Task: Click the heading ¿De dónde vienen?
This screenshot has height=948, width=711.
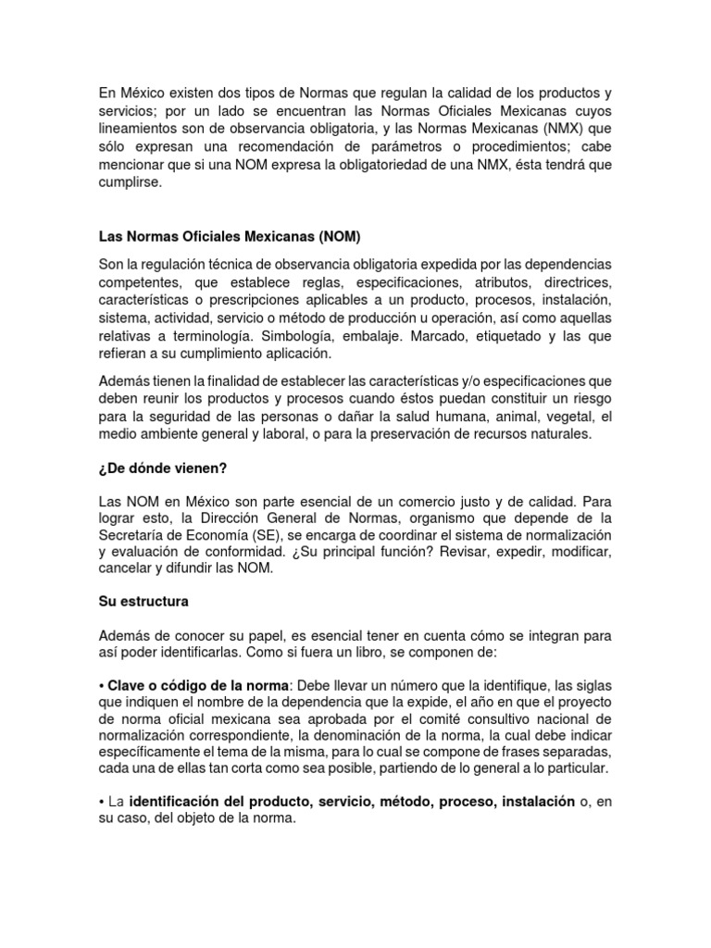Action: [x=162, y=468]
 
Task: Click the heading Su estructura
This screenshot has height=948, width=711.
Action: [x=143, y=601]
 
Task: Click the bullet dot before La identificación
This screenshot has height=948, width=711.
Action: [x=102, y=802]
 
